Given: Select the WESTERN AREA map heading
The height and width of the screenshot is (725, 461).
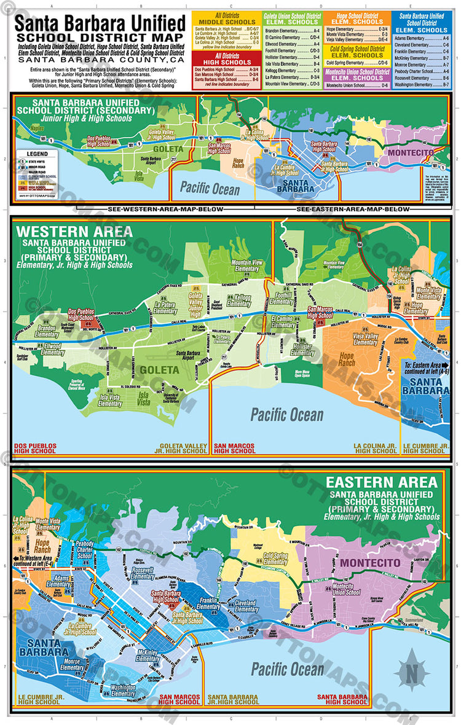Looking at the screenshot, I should [x=74, y=231].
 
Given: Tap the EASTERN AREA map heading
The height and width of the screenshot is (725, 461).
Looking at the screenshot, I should [x=381, y=482].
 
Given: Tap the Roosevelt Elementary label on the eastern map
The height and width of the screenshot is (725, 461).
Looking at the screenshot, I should [x=142, y=573].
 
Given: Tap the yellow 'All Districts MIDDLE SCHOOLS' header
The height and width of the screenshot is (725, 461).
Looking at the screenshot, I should [x=225, y=18].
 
